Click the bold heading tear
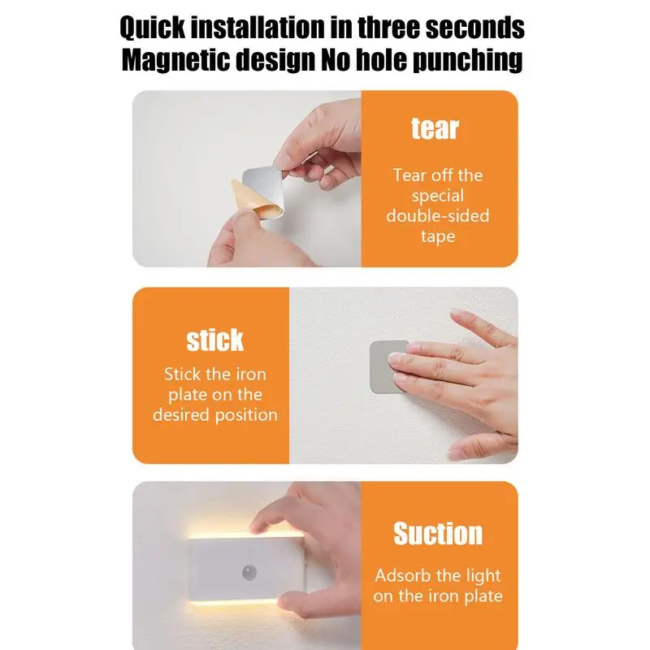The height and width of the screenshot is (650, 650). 435,128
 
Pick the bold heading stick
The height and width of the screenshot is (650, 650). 214,340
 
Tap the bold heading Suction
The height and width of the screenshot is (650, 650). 438,534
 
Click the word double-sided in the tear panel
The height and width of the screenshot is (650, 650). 438,216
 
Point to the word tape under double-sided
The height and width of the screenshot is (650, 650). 438,236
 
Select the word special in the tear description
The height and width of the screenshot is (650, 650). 438,196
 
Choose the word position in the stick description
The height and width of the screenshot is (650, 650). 249,415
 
